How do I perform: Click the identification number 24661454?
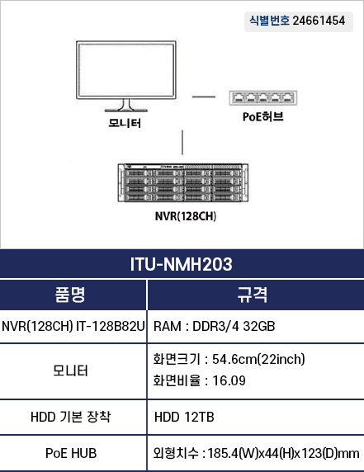[x=319, y=21]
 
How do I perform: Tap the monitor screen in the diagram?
[x=126, y=69]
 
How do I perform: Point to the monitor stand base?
[x=126, y=111]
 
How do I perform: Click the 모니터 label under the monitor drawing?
[x=125, y=123]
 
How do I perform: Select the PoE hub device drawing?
[x=263, y=98]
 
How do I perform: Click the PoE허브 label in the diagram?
[x=263, y=117]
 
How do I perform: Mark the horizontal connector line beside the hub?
[x=204, y=97]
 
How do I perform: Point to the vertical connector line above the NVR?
[x=182, y=143]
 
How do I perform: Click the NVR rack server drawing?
[x=183, y=182]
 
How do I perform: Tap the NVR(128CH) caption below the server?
[x=186, y=216]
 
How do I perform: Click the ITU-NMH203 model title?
[x=182, y=264]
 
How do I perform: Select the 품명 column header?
[x=70, y=295]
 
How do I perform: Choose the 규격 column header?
[x=252, y=295]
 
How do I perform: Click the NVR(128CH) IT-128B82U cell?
[x=73, y=326]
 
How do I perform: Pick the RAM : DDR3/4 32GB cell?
[x=214, y=326]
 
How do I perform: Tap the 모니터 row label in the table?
[x=70, y=371]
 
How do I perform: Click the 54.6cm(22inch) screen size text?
[x=258, y=359]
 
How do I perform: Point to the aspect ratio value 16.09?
[x=229, y=380]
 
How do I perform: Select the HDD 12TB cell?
[x=184, y=418]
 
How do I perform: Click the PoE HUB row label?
[x=71, y=453]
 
